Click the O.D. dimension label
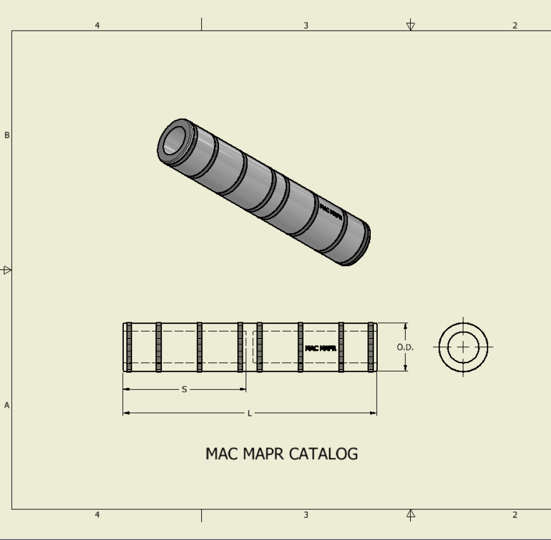coord(405,347)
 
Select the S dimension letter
coord(184,390)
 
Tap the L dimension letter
coord(250,413)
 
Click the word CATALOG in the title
coord(323,453)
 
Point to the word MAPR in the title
coord(263,453)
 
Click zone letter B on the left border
coord(6,135)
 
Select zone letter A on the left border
coord(6,405)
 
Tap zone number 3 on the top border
coord(306,26)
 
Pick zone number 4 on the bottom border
coord(97,515)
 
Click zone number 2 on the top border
coord(515,26)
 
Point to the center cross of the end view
coord(463,347)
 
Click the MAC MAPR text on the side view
coord(321,348)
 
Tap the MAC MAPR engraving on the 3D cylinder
coord(331,212)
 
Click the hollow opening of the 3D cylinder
coord(174,140)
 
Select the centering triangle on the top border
coord(411,26)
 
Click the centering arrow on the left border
coord(6,270)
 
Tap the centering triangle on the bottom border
coord(411,514)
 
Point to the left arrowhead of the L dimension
coord(126,413)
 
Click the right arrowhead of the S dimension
coord(243,389)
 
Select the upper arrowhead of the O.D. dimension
coord(406,326)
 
